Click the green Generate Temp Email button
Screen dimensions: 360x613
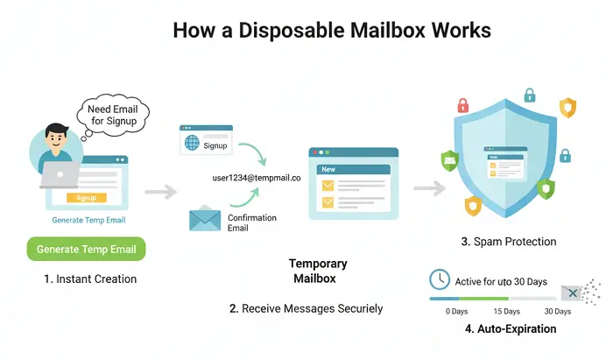pos(87,249)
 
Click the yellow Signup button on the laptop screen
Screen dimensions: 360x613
pos(86,198)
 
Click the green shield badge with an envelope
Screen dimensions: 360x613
pos(450,159)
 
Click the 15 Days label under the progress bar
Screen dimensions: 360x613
pos(506,312)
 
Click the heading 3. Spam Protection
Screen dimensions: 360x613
pos(508,241)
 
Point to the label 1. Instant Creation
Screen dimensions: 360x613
pos(90,279)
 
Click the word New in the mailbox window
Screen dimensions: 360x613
pos(329,168)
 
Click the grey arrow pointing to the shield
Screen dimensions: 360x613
pos(427,187)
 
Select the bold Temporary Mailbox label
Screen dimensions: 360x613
pos(318,271)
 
